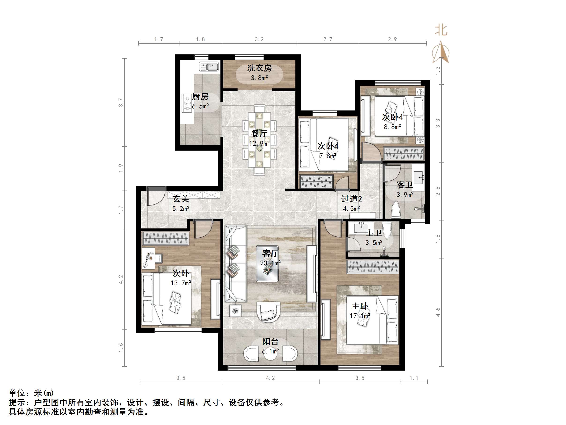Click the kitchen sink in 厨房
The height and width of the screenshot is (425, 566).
click(209, 67)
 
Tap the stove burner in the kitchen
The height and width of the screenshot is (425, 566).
click(187, 103)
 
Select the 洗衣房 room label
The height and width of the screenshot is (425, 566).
click(259, 68)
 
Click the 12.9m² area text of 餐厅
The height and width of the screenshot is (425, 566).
click(259, 144)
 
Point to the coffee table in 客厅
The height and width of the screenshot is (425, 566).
click(267, 263)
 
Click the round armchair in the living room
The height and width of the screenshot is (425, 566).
click(268, 312)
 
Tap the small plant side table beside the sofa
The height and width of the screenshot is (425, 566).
click(235, 311)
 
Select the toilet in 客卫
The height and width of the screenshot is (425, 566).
click(396, 209)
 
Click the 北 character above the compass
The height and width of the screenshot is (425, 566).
click(441, 30)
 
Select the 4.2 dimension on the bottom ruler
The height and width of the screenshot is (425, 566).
click(270, 378)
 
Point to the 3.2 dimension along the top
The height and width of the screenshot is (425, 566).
click(259, 39)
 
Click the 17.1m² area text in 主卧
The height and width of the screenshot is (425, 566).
click(360, 316)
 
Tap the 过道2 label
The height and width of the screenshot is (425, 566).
click(351, 199)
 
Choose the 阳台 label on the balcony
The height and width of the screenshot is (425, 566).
click(270, 342)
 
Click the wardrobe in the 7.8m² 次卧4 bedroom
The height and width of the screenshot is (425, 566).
click(317, 181)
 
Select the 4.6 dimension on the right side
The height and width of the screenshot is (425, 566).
click(438, 312)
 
